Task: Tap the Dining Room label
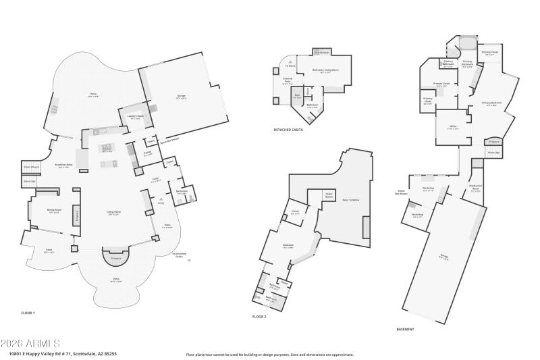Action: (x=45, y=211)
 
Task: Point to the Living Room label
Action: (x=113, y=213)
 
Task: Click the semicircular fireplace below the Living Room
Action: (x=115, y=257)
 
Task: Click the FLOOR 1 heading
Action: (x=28, y=313)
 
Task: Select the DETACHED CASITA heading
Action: (x=288, y=129)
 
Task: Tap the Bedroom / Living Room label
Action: (x=327, y=71)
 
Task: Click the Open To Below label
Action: (x=350, y=200)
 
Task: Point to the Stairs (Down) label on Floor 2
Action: (x=329, y=196)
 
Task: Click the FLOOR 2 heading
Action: (x=259, y=316)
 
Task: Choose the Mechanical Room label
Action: (x=475, y=190)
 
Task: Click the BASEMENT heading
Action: (x=405, y=329)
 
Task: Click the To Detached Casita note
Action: (x=179, y=255)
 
